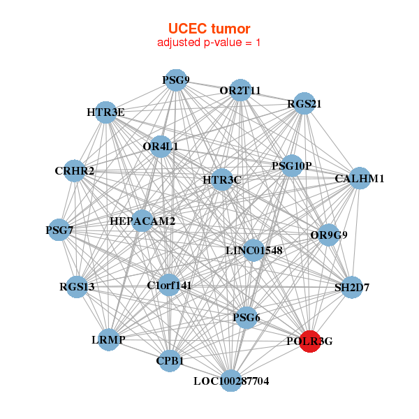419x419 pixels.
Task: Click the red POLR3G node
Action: pyautogui.click(x=310, y=341)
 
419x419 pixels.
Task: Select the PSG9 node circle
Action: pyautogui.click(x=176, y=80)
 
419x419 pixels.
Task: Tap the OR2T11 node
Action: pyautogui.click(x=240, y=91)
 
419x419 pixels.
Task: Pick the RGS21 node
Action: pyautogui.click(x=304, y=104)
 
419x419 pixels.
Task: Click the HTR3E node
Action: pyautogui.click(x=105, y=112)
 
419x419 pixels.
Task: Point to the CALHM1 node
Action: pyautogui.click(x=359, y=179)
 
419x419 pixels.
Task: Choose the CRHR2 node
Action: pyautogui.click(x=75, y=171)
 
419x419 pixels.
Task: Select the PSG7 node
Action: pyautogui.click(x=59, y=230)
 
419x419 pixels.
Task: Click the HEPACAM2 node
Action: pyautogui.click(x=142, y=221)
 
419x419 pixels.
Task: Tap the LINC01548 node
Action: pyautogui.click(x=254, y=250)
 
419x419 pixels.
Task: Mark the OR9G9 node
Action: pyautogui.click(x=329, y=235)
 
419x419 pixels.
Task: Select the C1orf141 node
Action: pyautogui.click(x=169, y=285)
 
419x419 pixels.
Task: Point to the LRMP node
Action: pyautogui.click(x=108, y=339)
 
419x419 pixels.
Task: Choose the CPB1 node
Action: pyautogui.click(x=170, y=361)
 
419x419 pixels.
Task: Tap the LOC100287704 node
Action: pyautogui.click(x=231, y=381)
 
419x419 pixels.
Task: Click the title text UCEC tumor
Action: pyautogui.click(x=209, y=28)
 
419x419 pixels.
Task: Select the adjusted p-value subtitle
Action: pyautogui.click(x=209, y=43)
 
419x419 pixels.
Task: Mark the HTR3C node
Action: pyautogui.click(x=222, y=180)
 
